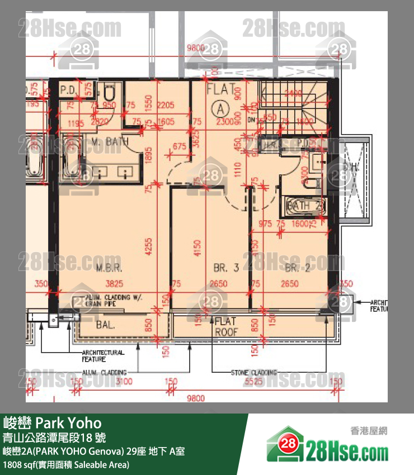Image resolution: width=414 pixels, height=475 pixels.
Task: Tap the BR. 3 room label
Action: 226,268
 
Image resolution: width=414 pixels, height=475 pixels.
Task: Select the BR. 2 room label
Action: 298,268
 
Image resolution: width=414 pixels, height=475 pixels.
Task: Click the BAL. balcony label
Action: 91,324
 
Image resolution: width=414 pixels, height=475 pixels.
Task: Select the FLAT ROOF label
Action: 227,326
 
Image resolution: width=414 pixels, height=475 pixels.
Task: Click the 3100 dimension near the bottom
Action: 125,382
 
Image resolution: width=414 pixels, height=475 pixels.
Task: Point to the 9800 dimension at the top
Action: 196,49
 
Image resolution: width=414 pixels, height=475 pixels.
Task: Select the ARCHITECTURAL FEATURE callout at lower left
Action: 102,356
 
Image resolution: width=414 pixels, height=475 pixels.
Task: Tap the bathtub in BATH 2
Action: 302,206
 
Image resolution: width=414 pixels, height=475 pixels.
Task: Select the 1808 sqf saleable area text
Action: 66,464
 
